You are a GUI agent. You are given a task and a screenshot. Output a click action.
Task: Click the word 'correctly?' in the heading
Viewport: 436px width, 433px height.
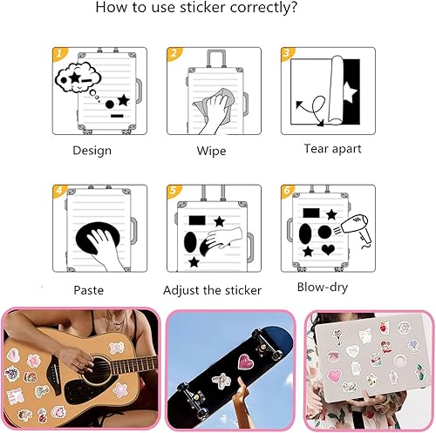click(x=263, y=8)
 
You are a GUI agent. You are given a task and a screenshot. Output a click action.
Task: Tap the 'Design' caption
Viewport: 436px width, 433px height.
click(x=92, y=151)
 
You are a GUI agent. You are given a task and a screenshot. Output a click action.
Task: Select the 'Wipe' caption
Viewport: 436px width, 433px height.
click(x=211, y=151)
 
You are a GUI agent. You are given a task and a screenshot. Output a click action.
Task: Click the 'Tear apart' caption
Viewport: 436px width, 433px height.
click(x=332, y=149)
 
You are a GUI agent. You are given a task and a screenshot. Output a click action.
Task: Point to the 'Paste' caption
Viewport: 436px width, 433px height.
click(x=89, y=290)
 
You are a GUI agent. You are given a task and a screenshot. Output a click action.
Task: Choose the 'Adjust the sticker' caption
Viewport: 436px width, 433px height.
click(x=212, y=290)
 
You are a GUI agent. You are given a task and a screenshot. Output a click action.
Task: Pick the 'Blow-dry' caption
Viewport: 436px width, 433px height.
click(x=323, y=288)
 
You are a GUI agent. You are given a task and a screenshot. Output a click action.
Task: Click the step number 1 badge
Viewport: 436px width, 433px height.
click(x=59, y=53)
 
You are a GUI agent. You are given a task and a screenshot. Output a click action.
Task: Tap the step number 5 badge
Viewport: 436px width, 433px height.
click(x=174, y=191)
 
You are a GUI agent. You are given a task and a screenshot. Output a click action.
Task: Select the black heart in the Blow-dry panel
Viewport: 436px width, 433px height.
click(x=328, y=249)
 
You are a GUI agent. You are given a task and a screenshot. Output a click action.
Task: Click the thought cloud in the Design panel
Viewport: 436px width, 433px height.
click(x=78, y=78)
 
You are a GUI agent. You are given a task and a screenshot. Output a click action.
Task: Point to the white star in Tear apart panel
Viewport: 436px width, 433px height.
click(x=350, y=93)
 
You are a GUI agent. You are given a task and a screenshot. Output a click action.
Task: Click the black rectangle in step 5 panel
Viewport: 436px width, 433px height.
click(x=197, y=220)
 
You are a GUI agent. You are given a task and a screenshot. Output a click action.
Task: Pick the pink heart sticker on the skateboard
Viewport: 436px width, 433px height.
click(x=246, y=362)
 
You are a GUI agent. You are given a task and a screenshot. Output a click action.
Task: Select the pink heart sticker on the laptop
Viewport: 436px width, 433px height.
click(x=335, y=376)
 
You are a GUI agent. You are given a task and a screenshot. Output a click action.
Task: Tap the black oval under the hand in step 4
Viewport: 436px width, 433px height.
click(x=98, y=238)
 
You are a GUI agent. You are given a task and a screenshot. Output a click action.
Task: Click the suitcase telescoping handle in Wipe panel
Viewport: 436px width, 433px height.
click(x=216, y=59)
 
